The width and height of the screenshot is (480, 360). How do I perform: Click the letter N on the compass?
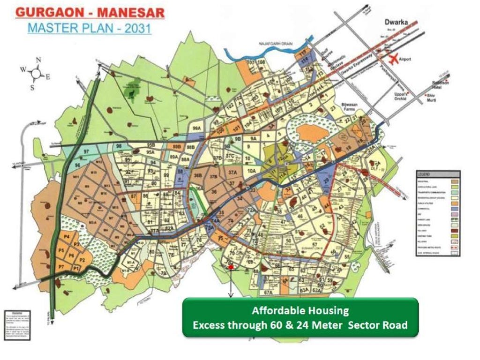(38, 60)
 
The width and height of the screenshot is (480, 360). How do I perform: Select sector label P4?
(67, 237)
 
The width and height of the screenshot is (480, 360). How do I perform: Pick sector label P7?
(61, 267)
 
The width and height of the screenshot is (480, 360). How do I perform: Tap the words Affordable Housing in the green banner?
(300, 310)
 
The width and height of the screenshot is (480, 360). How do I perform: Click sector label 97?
(85, 152)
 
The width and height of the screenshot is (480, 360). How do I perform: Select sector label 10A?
(252, 171)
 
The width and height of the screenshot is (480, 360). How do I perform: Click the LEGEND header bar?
(438, 174)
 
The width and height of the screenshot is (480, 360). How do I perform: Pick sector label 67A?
(268, 292)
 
